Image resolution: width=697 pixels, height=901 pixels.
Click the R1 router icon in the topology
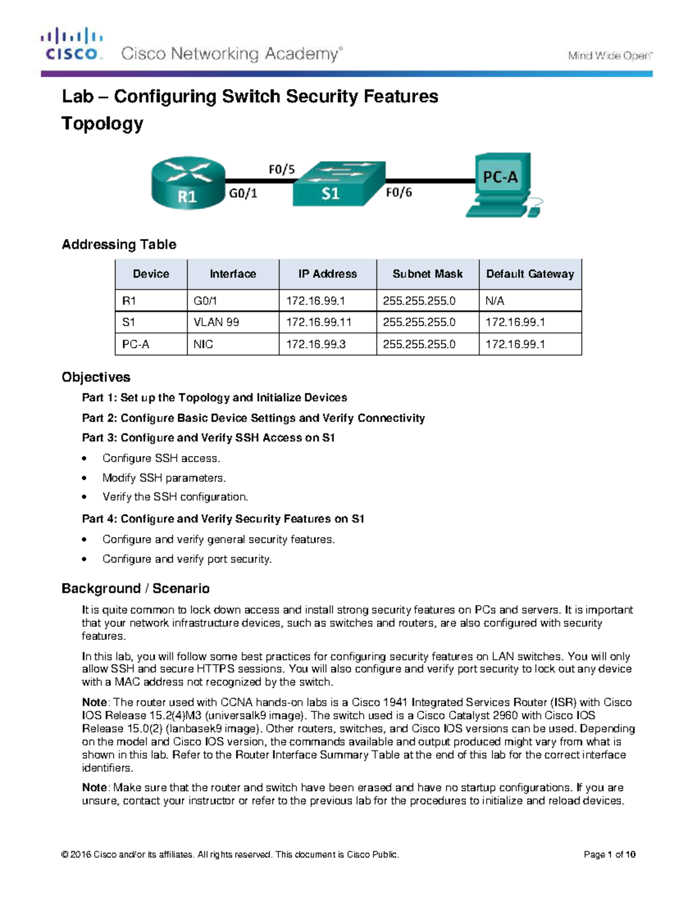click(x=188, y=183)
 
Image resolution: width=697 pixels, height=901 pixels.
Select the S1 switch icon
click(x=339, y=183)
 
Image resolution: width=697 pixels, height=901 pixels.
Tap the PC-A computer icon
click(x=504, y=184)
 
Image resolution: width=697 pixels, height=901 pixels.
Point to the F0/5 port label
click(x=281, y=169)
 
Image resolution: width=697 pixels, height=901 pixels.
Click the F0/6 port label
click(x=399, y=193)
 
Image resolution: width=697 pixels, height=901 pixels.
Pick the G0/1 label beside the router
click(x=243, y=194)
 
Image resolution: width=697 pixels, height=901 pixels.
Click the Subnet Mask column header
click(x=427, y=274)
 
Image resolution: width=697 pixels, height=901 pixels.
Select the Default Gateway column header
click(x=530, y=274)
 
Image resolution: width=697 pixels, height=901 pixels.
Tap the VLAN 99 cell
click(x=216, y=322)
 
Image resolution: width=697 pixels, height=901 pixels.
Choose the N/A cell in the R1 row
click(x=495, y=301)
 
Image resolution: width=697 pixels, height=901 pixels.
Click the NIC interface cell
click(x=203, y=344)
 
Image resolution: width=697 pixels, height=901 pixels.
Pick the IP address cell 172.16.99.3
click(x=315, y=344)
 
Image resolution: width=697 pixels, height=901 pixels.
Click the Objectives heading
click(x=96, y=377)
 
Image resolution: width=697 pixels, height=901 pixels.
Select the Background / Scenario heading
click(x=135, y=588)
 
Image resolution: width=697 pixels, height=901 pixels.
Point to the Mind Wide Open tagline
click(x=610, y=56)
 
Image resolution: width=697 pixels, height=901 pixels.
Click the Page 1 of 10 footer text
click(x=609, y=855)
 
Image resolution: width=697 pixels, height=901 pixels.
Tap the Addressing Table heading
click(x=119, y=244)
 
